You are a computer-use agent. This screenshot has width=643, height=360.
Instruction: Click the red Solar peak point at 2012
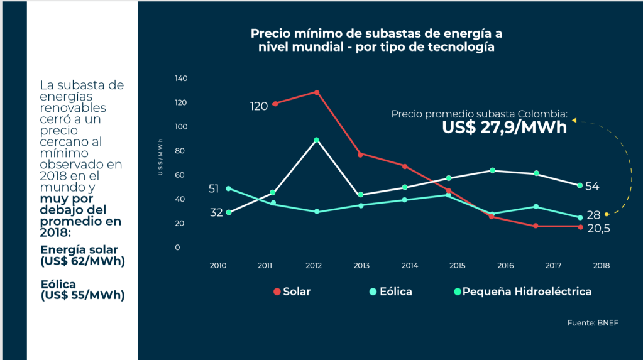click(317, 92)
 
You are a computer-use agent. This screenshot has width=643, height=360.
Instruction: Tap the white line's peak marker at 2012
click(317, 140)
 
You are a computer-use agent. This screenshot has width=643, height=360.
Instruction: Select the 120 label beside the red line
click(259, 106)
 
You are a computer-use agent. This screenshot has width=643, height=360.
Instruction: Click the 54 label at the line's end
click(592, 187)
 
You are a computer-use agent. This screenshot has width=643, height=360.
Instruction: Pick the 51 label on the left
click(214, 188)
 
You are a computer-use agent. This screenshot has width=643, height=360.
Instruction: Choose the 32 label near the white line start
click(216, 212)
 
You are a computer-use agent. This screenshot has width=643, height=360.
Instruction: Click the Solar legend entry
click(292, 292)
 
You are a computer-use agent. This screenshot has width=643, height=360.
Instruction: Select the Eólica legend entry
click(390, 292)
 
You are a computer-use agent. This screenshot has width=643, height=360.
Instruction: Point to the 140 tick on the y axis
click(181, 79)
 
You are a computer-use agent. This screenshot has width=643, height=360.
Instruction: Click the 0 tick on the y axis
click(177, 248)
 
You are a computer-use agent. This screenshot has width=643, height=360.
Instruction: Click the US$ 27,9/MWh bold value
click(504, 128)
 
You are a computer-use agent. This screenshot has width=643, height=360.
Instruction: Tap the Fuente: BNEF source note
click(593, 323)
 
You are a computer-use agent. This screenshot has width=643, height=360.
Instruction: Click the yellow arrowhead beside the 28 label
click(607, 214)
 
